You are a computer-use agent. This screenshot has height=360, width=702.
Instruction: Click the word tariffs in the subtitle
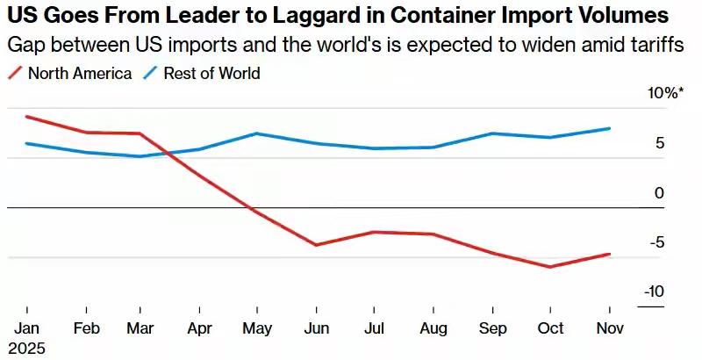(659, 45)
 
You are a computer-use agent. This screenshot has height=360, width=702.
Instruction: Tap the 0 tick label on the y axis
(659, 192)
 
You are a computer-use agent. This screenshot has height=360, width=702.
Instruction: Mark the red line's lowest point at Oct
(550, 267)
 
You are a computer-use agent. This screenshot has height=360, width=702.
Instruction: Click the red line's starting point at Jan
(27, 116)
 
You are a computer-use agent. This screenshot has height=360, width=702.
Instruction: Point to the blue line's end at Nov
(609, 128)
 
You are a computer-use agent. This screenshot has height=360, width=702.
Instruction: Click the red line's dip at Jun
(317, 245)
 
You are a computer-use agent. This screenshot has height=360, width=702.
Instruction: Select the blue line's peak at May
(256, 133)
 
